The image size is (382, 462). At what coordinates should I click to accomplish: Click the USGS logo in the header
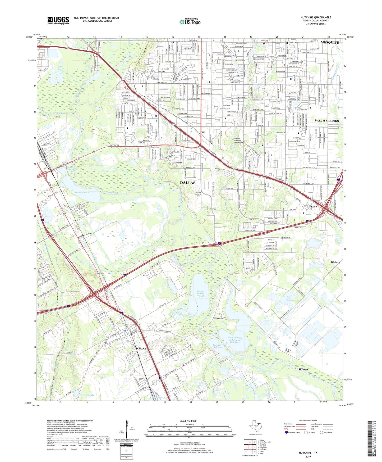pos(58,20)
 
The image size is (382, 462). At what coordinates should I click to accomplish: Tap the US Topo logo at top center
pos(190,22)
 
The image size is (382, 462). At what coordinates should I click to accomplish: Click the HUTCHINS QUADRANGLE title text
pos(316,17)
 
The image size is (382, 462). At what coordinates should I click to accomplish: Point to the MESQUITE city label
pos(330,42)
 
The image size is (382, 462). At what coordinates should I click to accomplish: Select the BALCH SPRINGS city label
pos(326,121)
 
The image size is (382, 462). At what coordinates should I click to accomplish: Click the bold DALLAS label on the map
pos(188,183)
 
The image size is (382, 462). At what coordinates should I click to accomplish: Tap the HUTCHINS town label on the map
pos(139,348)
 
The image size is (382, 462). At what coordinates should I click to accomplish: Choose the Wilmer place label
pos(303,369)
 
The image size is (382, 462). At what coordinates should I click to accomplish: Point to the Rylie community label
pos(314,207)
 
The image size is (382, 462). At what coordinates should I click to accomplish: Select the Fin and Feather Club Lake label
pos(200,293)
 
